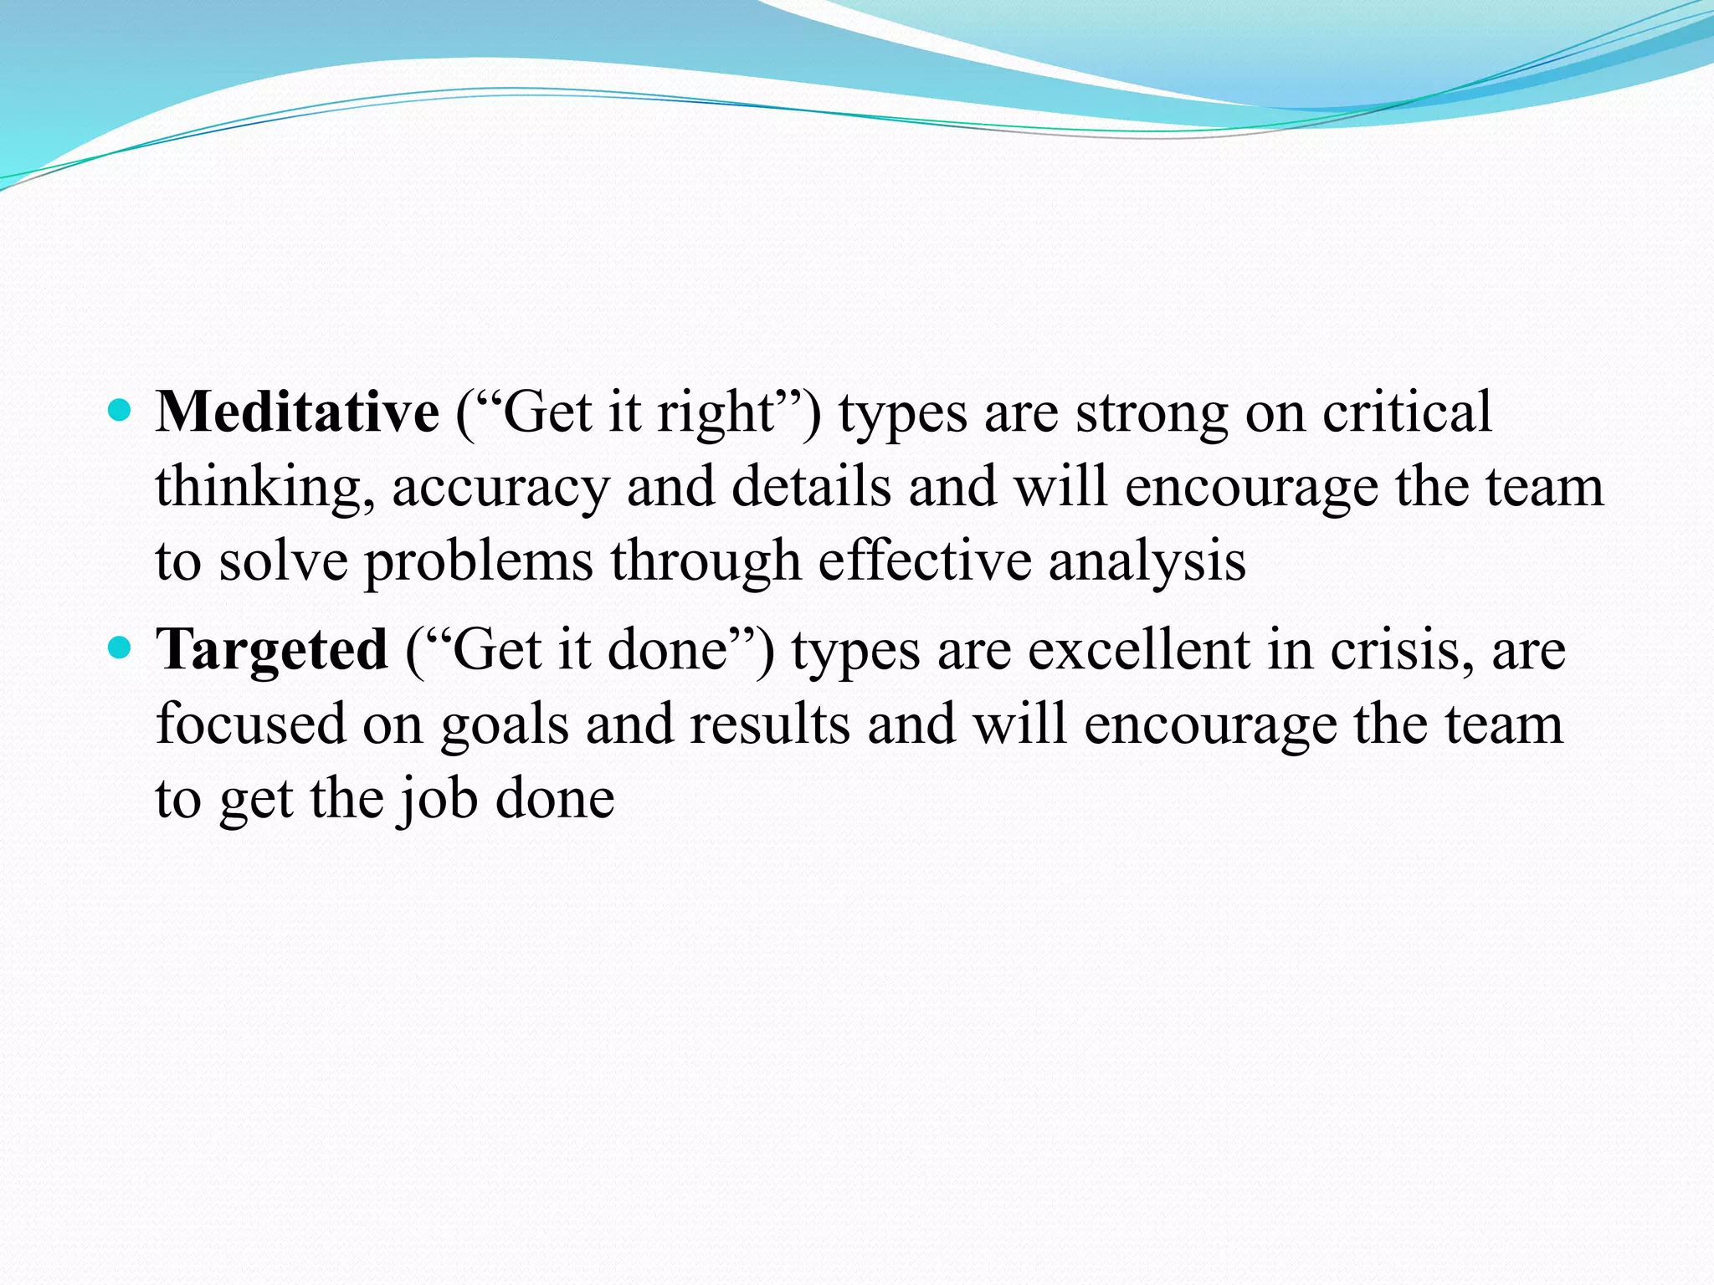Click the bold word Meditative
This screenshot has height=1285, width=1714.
coord(297,412)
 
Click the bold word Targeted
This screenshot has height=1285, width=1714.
coord(272,650)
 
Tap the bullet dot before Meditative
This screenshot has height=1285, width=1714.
coord(121,410)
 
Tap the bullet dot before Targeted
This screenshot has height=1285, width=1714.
coord(121,647)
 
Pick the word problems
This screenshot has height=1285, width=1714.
coord(478,561)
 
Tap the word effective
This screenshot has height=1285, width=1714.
coord(924,560)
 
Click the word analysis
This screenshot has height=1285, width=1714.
coord(1147,561)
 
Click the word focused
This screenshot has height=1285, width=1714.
coord(250,724)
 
